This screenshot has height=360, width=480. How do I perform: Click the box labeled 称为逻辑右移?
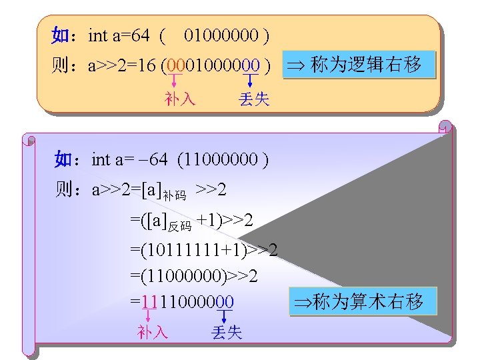(359, 65)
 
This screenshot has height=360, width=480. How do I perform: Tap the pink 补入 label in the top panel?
(180, 99)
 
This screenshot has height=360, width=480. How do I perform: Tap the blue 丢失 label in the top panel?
(254, 99)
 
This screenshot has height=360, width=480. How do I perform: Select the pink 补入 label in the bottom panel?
(153, 332)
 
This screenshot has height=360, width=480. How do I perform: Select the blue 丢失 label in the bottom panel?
(226, 332)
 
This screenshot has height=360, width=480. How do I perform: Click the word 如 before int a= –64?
(63, 159)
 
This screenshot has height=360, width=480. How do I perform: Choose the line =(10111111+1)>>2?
(204, 251)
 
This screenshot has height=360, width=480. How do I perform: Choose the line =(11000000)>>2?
(194, 276)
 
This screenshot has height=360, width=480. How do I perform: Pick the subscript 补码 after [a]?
(176, 196)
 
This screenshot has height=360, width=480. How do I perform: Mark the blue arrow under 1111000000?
(225, 316)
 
